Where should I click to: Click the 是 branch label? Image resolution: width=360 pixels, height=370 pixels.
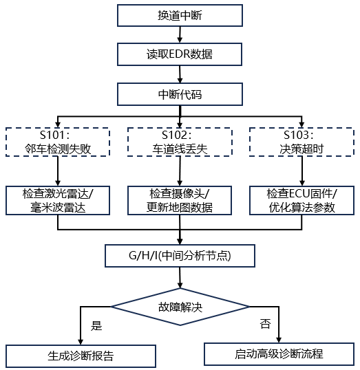[x=96, y=325]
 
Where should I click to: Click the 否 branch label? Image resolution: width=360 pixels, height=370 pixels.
[x=265, y=324]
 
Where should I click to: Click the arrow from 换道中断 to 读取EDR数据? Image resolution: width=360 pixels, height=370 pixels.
[x=180, y=34]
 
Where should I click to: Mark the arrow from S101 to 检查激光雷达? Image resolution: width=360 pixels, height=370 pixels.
[x=58, y=171]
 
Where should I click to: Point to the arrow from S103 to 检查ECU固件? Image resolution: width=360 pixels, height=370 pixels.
[x=302, y=171]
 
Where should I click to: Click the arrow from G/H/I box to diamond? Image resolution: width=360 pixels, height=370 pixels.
[x=180, y=278]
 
